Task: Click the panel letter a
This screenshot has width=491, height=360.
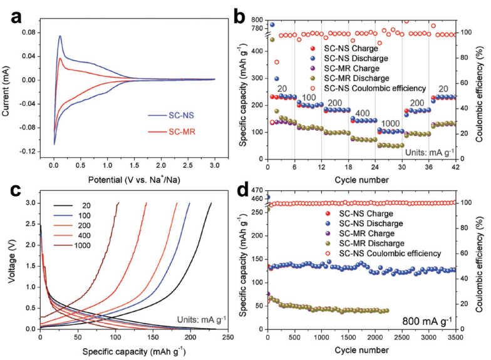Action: (x=20, y=17)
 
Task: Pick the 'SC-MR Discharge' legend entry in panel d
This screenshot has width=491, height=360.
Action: (x=370, y=244)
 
